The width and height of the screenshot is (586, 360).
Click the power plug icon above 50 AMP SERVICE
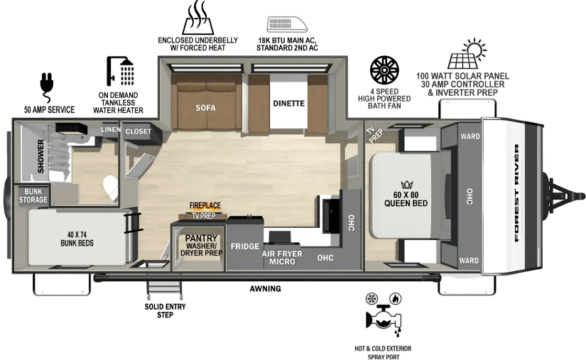[x=47, y=88]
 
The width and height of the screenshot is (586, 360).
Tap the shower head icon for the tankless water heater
[x=120, y=71]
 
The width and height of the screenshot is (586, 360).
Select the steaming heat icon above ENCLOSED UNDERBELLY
[x=198, y=18]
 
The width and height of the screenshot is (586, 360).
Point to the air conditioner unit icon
[x=287, y=24]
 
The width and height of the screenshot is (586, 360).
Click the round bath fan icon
[x=384, y=70]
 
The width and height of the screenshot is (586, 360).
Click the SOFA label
[x=205, y=108]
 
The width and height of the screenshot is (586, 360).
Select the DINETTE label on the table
[x=288, y=104]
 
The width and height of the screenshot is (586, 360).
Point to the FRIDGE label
[x=245, y=246]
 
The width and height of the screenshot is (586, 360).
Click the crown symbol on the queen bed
[x=406, y=185]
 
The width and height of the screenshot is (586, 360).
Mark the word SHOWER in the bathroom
[x=40, y=156]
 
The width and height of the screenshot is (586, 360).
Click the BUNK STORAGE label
[x=33, y=196]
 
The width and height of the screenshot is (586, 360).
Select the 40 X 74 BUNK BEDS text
[x=77, y=239]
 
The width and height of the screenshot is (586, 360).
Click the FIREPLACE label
[x=205, y=205]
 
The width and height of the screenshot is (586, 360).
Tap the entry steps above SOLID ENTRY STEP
[x=165, y=290]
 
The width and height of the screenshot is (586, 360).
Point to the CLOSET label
[x=139, y=131]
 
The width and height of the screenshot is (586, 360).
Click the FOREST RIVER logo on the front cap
[x=517, y=193]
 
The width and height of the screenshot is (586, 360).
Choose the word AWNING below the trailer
[x=266, y=289]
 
